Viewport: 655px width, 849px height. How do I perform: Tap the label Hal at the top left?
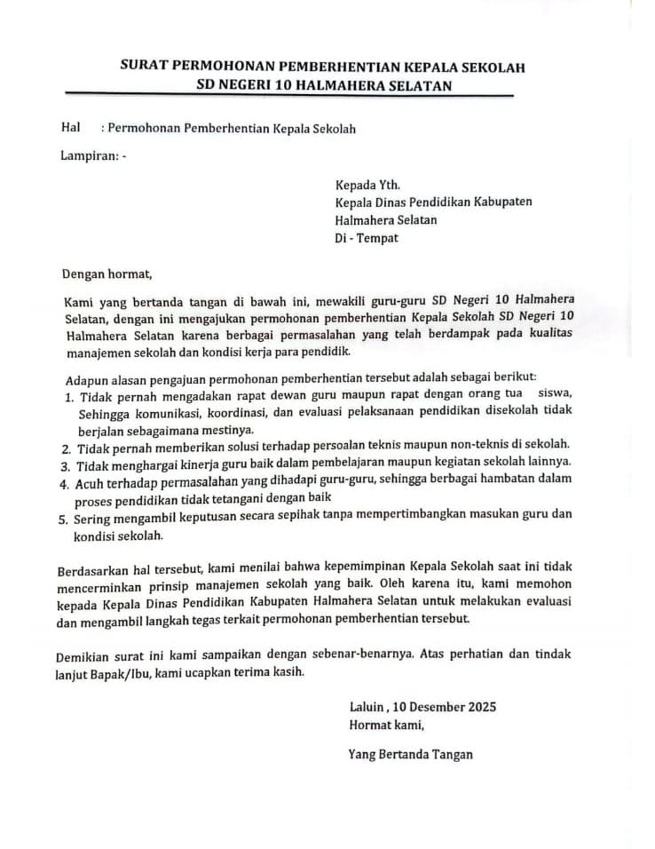71,128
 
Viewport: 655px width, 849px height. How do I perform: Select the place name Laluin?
367,707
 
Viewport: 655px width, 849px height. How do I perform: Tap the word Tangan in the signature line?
451,755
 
